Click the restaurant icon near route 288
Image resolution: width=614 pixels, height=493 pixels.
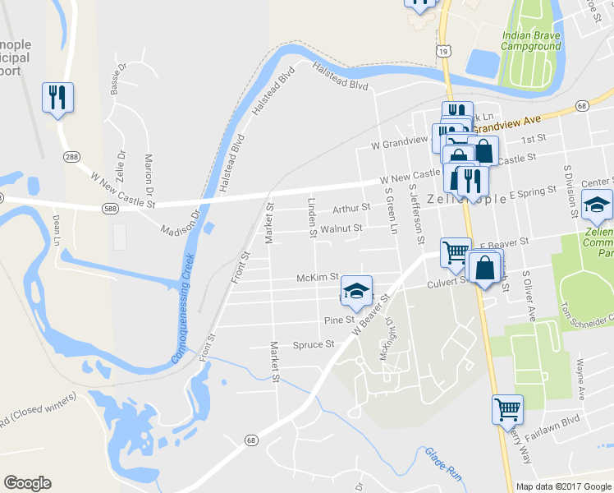click(57, 98)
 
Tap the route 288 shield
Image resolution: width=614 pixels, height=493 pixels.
click(72, 158)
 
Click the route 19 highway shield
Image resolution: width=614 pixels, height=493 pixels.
click(443, 51)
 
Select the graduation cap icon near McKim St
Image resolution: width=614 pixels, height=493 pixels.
click(356, 291)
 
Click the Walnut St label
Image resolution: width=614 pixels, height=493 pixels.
click(341, 228)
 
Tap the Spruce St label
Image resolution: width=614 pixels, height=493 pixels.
click(314, 345)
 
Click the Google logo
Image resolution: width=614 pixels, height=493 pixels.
click(28, 483)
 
